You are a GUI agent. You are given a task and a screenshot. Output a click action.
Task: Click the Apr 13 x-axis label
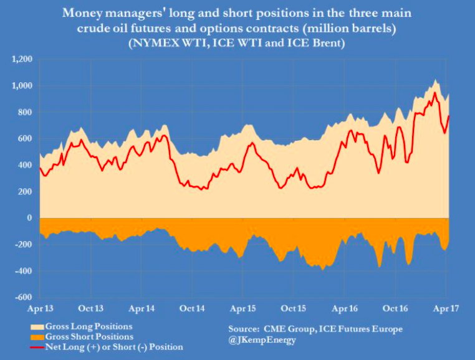pos(39,308)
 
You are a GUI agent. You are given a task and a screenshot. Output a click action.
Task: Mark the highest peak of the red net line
pos(434,93)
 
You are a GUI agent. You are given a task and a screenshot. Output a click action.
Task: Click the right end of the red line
pos(449,116)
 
